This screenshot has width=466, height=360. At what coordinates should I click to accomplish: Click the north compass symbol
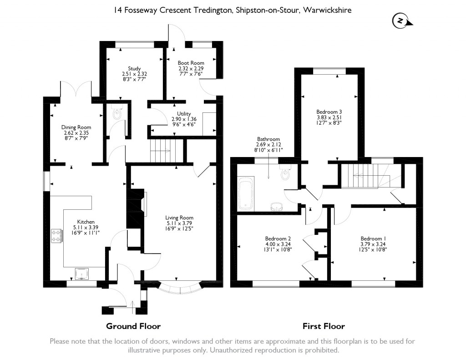coord(400,20)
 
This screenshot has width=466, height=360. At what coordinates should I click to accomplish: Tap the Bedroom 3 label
coord(329,112)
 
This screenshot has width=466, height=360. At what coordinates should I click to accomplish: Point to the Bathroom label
coord(268,139)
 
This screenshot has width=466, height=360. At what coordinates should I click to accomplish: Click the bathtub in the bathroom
coord(246,193)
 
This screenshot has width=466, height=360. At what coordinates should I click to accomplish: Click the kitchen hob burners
coord(57,235)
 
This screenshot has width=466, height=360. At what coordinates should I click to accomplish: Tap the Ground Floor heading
coord(133,326)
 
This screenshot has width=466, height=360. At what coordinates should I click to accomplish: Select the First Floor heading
coord(324,326)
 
